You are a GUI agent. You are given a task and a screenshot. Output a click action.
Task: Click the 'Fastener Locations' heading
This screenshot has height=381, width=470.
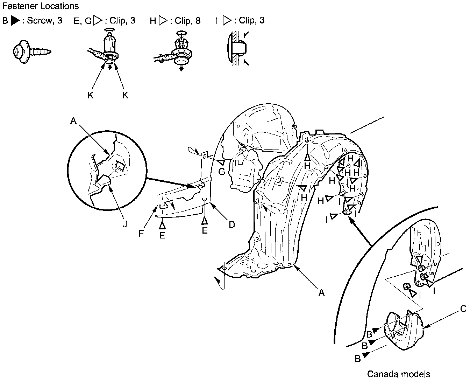(x=40, y=6)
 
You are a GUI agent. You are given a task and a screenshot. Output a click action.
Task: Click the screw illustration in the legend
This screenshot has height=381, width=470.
(x=31, y=51)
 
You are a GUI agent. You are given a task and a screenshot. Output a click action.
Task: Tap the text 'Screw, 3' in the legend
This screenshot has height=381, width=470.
(x=45, y=20)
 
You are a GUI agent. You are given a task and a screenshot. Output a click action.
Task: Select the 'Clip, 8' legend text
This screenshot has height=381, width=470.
(x=188, y=21)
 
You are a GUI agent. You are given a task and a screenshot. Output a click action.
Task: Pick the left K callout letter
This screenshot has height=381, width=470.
(x=91, y=95)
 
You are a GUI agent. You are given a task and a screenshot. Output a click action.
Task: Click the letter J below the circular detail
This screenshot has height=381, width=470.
(x=125, y=224)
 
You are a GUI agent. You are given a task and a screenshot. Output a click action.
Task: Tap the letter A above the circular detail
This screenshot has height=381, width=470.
(x=73, y=121)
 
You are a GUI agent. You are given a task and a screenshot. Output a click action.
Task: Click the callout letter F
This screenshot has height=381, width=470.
(x=141, y=234)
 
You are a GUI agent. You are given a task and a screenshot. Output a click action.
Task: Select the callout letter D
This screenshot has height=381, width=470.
(x=232, y=224)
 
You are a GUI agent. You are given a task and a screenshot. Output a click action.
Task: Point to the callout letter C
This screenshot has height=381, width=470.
(x=463, y=309)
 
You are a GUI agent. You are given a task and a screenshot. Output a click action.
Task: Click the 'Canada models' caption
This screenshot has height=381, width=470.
(x=398, y=374)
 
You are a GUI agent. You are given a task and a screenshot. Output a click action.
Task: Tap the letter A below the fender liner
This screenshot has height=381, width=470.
(x=321, y=292)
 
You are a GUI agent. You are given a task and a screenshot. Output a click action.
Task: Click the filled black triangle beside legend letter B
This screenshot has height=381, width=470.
(x=15, y=21)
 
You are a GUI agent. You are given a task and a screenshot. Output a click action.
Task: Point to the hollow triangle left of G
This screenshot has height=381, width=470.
(x=221, y=162)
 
